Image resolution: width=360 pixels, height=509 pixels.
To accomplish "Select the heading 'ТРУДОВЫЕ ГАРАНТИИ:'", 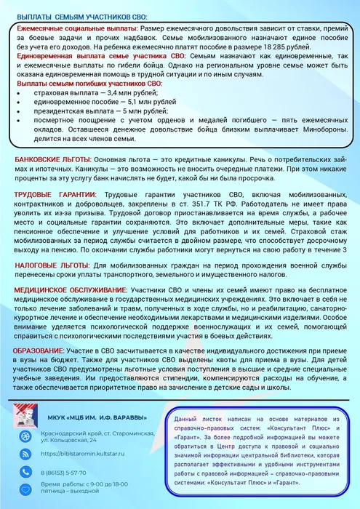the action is [55, 195].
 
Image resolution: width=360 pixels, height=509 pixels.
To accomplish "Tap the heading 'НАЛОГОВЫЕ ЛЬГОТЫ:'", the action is [51, 265].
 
